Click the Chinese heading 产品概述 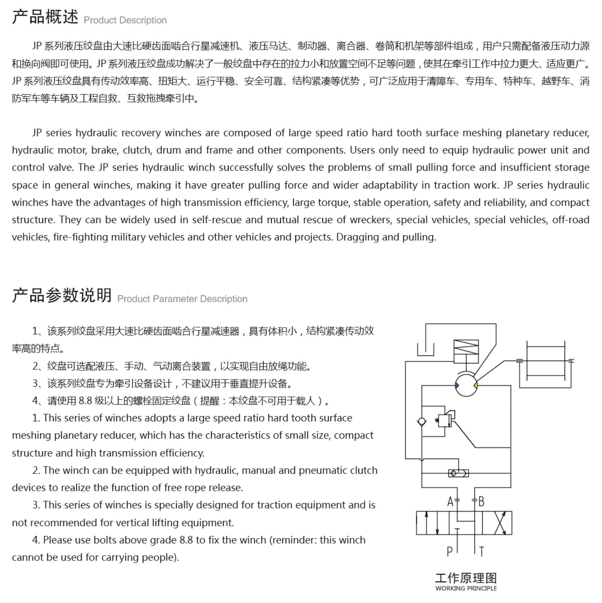45,17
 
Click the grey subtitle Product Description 125,20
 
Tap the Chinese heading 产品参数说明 62,295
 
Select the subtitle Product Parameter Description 182,299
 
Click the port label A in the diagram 450,502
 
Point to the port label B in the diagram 481,502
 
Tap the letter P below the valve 449,552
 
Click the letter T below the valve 482,552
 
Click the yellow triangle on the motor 475,385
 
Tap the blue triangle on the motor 457,385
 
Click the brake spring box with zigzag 466,347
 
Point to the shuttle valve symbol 458,473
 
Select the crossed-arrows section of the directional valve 500,523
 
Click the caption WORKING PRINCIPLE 466,588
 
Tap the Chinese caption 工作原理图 466,578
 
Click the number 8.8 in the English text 186,540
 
